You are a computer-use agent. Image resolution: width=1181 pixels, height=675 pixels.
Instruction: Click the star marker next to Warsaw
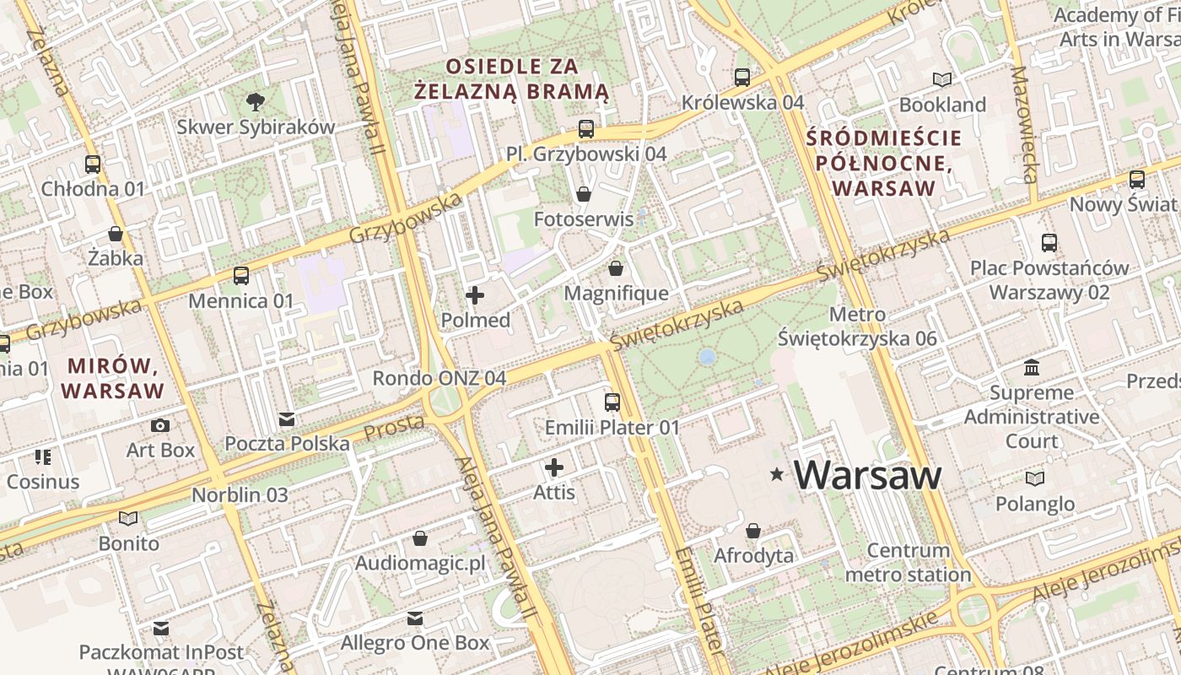776,475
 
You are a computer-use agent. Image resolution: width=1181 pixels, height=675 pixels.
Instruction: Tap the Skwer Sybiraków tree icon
255,103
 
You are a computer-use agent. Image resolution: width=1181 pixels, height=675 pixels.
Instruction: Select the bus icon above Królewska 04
742,78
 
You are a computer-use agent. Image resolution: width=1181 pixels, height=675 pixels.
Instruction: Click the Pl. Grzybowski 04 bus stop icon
586,129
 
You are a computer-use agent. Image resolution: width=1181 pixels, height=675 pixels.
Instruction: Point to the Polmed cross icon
475,295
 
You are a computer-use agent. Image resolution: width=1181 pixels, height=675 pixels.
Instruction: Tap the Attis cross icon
554,467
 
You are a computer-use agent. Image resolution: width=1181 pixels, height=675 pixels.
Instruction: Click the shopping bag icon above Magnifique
616,268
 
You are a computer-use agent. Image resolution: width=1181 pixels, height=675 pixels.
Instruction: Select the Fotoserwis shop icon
583,194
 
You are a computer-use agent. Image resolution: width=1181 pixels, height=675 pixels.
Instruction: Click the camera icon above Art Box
160,425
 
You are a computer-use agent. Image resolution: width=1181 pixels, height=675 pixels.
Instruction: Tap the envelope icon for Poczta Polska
287,419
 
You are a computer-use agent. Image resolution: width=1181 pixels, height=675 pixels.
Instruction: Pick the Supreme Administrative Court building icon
1031,368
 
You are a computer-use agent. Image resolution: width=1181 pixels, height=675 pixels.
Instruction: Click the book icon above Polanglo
1034,478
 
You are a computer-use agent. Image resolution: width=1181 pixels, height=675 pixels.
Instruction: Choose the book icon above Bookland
942,79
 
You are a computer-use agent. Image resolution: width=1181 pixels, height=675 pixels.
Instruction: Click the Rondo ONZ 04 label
440,378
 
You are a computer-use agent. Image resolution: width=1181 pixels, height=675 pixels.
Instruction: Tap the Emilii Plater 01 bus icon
612,402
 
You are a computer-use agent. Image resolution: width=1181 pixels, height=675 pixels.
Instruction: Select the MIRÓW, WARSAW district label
113,378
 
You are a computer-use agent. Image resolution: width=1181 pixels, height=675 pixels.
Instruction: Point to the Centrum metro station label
908,563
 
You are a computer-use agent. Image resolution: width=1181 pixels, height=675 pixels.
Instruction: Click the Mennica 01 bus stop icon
241,276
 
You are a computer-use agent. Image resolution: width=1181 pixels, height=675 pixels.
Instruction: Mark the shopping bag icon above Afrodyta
753,531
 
